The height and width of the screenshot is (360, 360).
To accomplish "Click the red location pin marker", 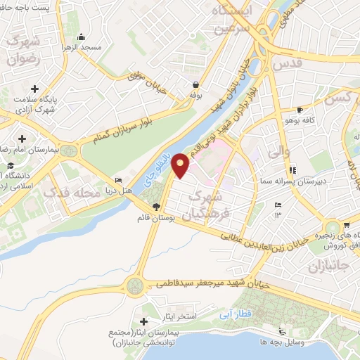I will coord(181,165).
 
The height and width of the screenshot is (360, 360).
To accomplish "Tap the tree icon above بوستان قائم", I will coord(155,206).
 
